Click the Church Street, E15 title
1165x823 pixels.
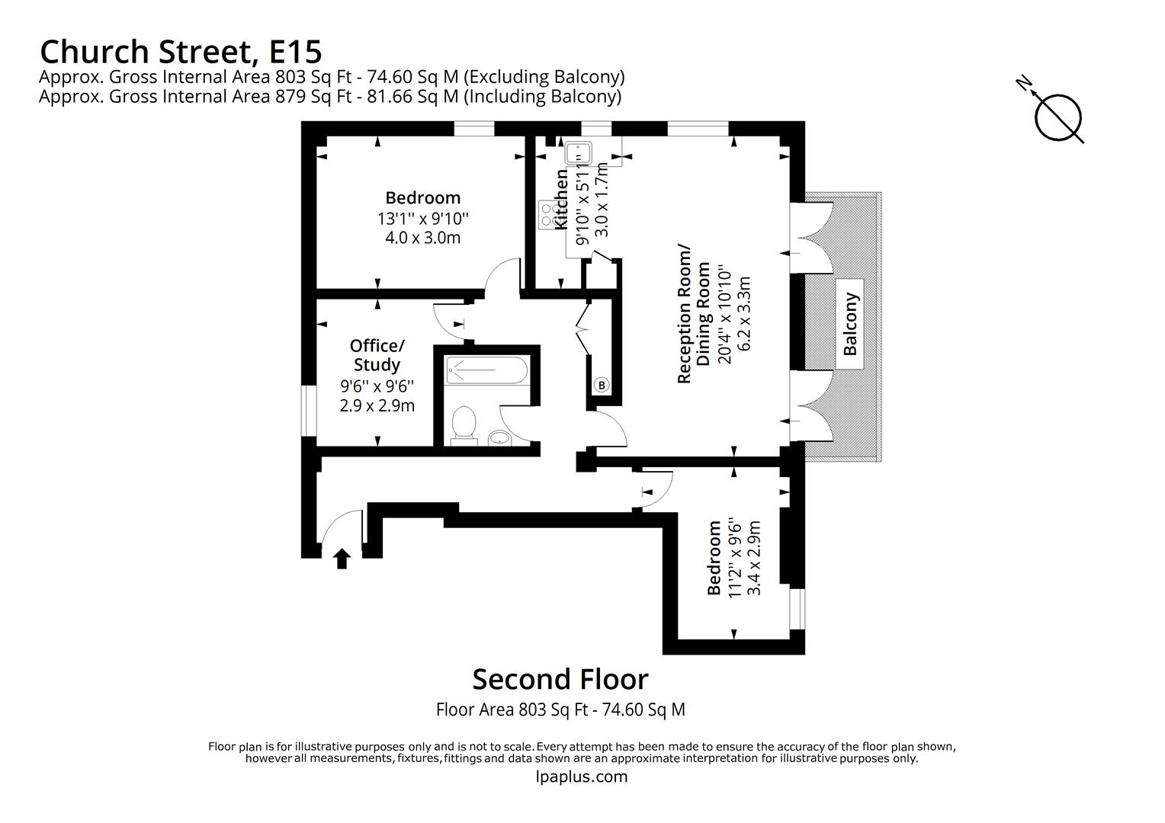pos(181,52)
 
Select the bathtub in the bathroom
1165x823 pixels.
pos(486,371)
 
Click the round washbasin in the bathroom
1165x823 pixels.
pos(499,437)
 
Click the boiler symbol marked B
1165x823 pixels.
pos(601,386)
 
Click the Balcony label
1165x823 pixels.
pos(850,324)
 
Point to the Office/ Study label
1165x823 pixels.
pos(377,355)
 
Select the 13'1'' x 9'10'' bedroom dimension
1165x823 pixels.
pos(422,219)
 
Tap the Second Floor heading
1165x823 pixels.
pos(560,679)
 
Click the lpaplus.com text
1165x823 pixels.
pos(582,777)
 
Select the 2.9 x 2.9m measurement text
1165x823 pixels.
pos(377,405)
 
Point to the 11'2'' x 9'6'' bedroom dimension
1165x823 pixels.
pos(735,558)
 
